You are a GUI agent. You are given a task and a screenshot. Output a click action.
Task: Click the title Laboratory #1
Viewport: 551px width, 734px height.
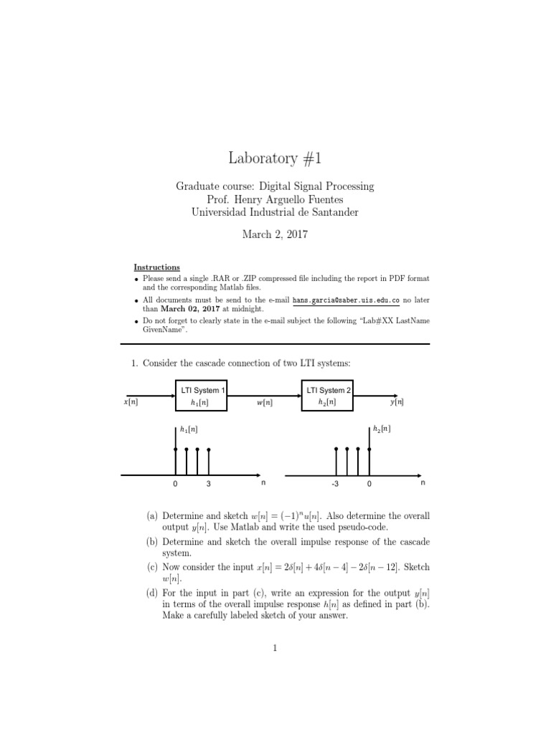[x=275, y=158]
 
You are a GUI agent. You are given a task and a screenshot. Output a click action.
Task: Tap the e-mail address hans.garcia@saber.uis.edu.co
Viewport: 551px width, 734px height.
[x=346, y=300]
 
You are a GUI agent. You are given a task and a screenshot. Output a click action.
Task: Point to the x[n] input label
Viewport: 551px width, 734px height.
[x=131, y=402]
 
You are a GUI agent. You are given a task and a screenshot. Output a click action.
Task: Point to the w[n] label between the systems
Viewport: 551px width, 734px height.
[x=264, y=403]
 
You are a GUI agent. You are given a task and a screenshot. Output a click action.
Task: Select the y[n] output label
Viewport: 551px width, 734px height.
[x=397, y=402]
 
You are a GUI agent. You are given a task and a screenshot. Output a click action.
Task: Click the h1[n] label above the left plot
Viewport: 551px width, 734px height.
[x=189, y=429]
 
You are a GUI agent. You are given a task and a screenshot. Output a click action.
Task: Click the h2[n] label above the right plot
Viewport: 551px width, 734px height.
[x=382, y=429]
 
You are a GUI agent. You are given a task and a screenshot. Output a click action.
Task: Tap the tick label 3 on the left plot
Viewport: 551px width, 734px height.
[x=209, y=485]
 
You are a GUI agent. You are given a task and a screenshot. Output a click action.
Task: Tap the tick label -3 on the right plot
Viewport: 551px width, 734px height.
[x=334, y=485]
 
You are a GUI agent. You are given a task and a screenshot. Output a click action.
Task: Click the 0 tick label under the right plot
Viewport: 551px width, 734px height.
[x=369, y=485]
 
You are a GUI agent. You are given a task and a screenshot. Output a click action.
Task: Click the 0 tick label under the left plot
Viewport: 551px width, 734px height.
[x=175, y=485]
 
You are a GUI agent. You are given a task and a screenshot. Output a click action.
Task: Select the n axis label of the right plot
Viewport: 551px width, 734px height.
[x=423, y=484]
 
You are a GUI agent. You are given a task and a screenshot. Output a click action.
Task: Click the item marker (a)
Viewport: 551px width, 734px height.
[x=153, y=516]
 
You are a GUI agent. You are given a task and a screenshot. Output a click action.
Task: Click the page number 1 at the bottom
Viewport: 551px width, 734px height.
[x=275, y=649]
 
